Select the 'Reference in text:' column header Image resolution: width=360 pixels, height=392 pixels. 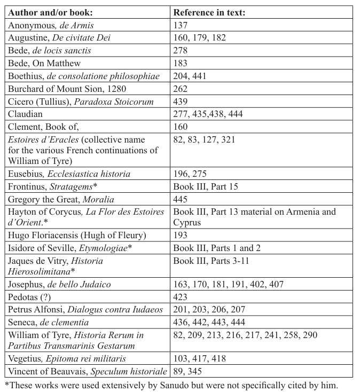tap(209, 12)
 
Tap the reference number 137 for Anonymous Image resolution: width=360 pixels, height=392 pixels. tap(181, 25)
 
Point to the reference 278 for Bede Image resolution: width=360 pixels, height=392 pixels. tap(181, 51)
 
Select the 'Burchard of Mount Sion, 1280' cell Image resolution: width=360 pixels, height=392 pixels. tap(67, 89)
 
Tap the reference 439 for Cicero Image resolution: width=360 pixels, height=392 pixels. tap(181, 102)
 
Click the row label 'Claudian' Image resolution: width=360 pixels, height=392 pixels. tap(26, 114)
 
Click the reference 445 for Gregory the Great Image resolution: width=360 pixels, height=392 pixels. tap(181, 199)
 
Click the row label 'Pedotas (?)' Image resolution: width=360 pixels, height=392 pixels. tap(29, 297)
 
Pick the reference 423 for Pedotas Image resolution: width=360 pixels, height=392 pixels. tap(181, 297)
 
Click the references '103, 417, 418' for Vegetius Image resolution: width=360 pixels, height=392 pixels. tap(199, 359)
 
